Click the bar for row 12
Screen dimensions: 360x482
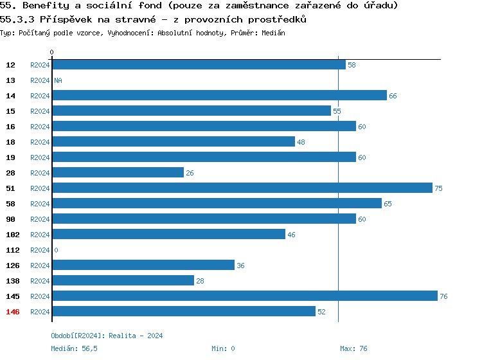[199, 65]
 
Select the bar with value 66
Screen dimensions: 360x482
[219, 96]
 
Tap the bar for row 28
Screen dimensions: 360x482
[118, 173]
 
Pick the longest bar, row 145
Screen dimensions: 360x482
[244, 296]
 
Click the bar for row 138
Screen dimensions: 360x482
[123, 281]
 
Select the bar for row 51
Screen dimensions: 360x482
[242, 188]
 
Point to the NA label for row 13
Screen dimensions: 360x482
[58, 80]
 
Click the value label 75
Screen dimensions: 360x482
[439, 188]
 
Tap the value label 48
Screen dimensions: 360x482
[301, 142]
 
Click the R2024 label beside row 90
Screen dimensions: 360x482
[40, 219]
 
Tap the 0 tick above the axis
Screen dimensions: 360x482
[52, 52]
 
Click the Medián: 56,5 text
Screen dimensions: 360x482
[74, 348]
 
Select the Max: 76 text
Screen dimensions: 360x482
[353, 348]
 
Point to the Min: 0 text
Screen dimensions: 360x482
[223, 348]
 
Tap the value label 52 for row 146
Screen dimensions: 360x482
[322, 312]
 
